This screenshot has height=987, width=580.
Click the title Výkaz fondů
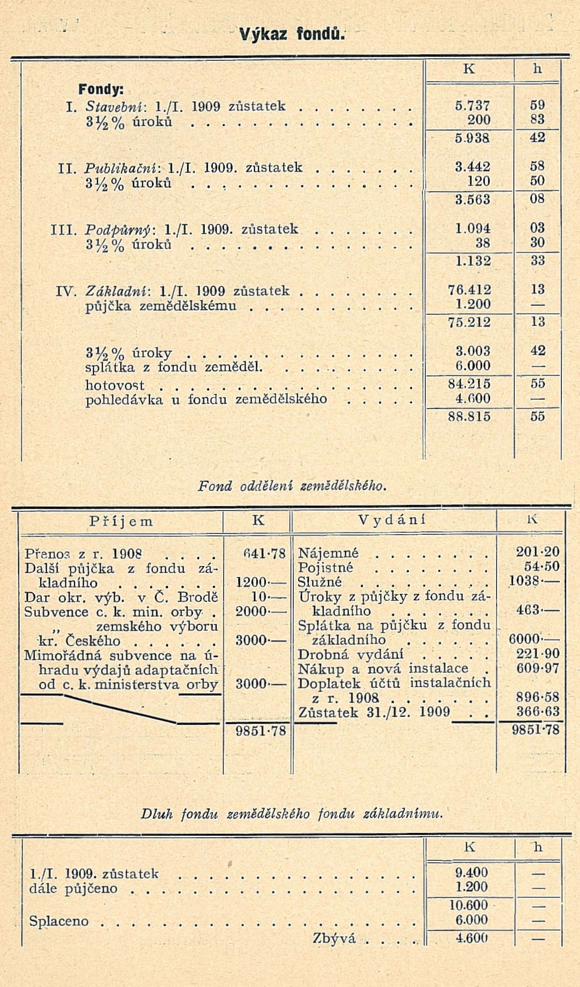(291, 34)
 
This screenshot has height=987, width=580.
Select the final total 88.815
(469, 416)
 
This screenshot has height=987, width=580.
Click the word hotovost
(115, 385)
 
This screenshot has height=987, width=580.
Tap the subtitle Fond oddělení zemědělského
(292, 486)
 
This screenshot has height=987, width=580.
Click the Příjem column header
(121, 522)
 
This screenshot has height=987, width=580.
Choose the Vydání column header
(392, 521)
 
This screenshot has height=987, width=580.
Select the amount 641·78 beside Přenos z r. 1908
(264, 554)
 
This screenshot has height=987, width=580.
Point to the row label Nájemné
(328, 553)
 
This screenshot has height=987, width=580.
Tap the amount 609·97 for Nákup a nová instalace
(538, 668)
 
